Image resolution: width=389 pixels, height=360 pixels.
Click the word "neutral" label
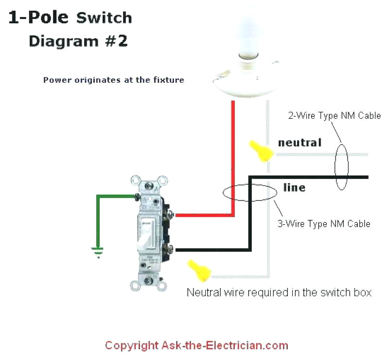[x=300, y=143]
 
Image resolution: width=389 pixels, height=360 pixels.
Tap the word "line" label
[x=294, y=187]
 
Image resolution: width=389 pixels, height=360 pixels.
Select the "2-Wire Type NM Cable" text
[x=334, y=116]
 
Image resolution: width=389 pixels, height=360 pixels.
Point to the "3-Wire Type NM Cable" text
[x=324, y=224]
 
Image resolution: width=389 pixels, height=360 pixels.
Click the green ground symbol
[x=99, y=252]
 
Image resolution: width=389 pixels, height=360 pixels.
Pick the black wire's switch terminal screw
[x=170, y=250]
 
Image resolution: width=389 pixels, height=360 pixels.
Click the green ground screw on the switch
[x=138, y=196]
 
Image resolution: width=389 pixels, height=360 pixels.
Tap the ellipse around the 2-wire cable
[x=341, y=166]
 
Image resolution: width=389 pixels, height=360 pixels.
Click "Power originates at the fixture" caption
[x=113, y=80]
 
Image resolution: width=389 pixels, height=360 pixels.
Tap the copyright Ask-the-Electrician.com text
[x=196, y=346]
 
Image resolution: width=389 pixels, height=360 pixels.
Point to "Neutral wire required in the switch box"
[x=279, y=292]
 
